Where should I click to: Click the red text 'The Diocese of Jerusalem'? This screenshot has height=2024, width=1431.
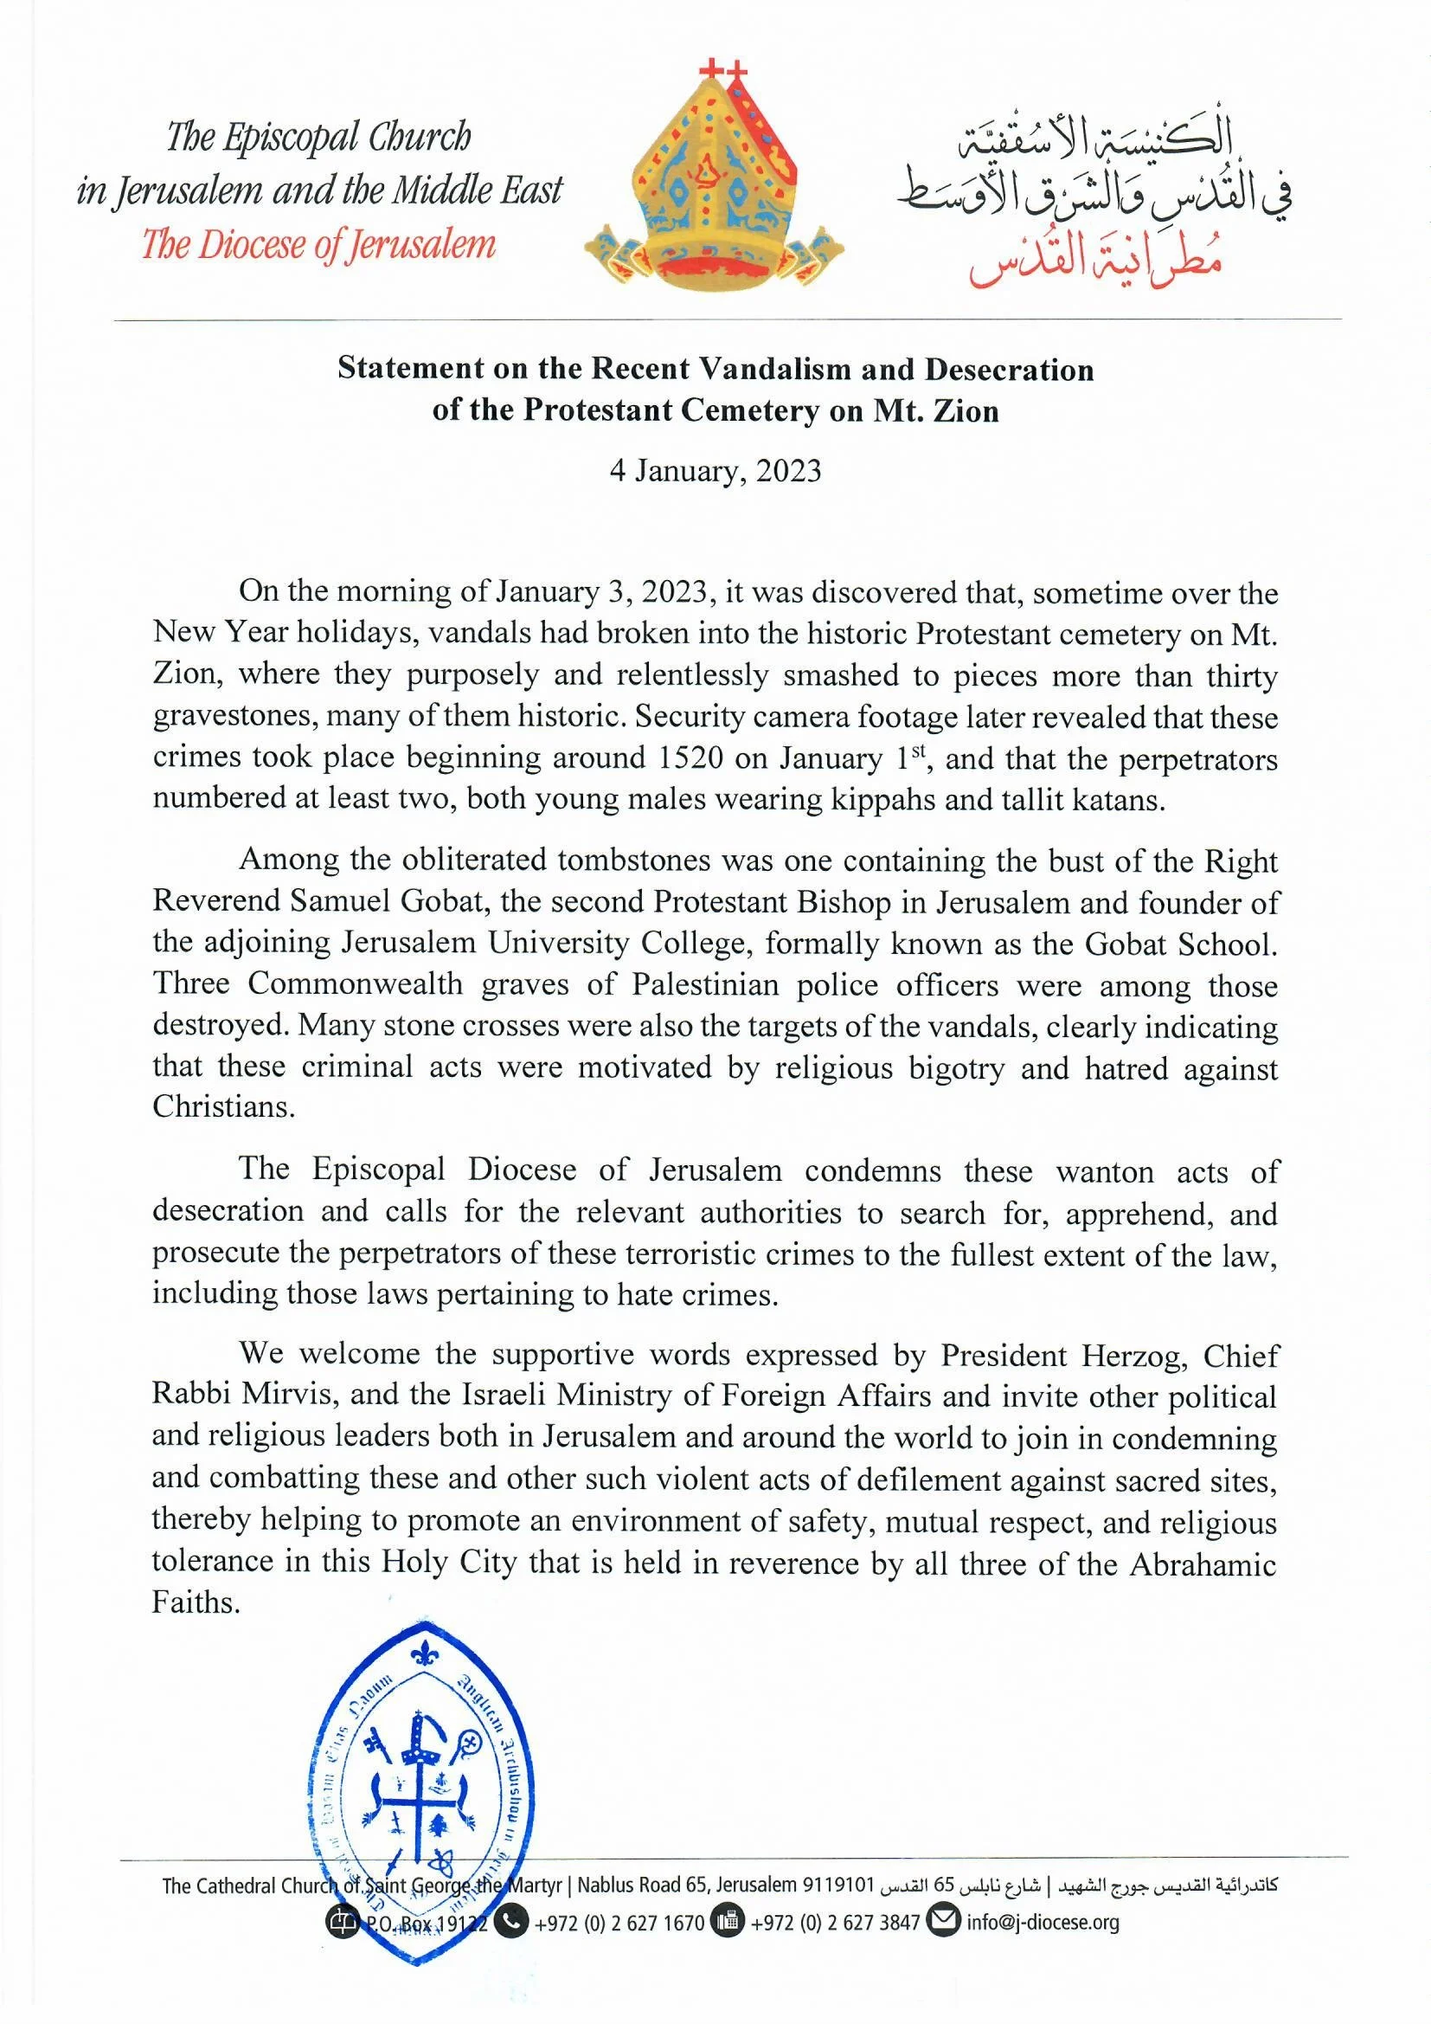pos(319,244)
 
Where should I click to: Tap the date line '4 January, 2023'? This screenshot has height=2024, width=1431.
pos(715,471)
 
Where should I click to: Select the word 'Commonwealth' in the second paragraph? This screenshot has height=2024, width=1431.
pos(354,983)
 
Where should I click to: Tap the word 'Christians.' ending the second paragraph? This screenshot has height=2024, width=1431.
pos(223,1106)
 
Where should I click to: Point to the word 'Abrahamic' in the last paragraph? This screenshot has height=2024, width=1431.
pos(1203,1563)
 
